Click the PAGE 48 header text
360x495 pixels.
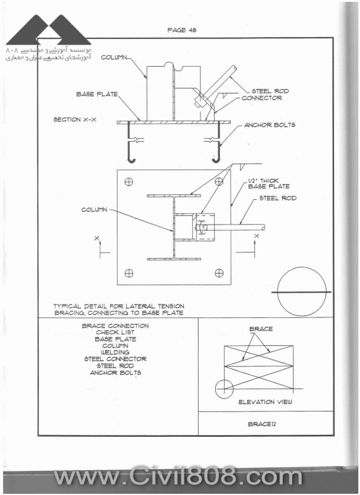182,30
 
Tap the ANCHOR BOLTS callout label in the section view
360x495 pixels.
270,125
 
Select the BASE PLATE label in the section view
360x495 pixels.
97,94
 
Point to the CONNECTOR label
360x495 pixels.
262,98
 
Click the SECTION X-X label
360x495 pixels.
75,119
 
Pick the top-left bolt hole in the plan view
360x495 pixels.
129,182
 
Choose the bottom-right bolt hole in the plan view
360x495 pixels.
219,273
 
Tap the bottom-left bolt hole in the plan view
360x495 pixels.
129,273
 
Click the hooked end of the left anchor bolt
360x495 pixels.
131,160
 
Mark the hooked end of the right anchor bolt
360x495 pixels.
216,160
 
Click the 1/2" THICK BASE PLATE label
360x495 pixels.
268,183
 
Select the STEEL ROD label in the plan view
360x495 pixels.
278,198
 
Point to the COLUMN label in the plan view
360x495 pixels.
95,210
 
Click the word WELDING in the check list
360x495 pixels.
115,352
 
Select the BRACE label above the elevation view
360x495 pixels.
261,329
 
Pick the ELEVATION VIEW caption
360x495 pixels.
265,402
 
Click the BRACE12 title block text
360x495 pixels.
262,424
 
